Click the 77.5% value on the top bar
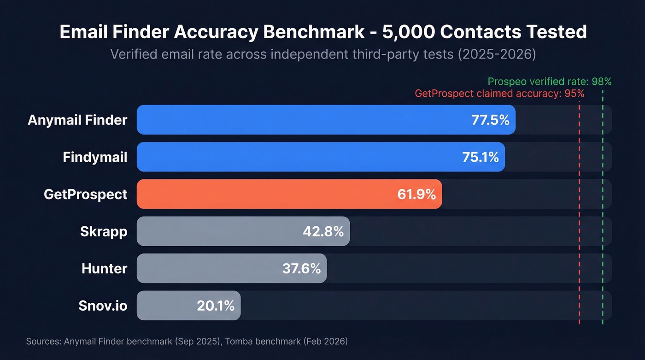[x=490, y=120]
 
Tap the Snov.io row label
[x=102, y=305]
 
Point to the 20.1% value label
[x=216, y=305]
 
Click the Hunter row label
[x=104, y=268]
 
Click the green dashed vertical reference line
[x=603, y=207]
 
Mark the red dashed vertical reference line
[x=579, y=207]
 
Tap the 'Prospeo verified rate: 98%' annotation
[x=549, y=82]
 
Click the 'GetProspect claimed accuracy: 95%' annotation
[x=499, y=94]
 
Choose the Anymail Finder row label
[x=77, y=120]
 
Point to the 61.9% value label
[x=416, y=194]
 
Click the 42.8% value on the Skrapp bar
[x=323, y=231]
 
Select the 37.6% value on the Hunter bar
[x=301, y=268]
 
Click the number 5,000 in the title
[x=407, y=32]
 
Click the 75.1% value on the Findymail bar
[x=480, y=157]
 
